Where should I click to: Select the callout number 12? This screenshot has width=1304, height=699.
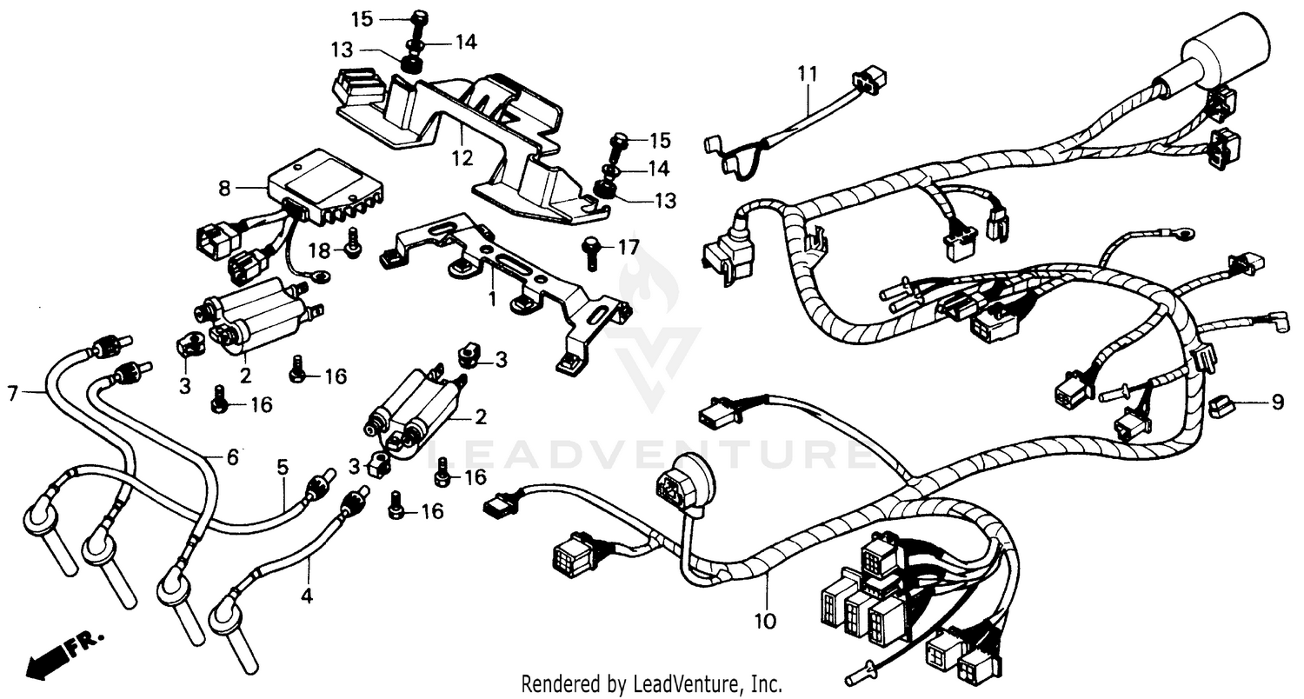point(462,158)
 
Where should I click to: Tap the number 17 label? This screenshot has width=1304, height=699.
point(628,248)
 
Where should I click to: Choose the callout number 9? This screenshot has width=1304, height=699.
point(1277,403)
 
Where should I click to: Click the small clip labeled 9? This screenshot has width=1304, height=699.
point(1222,404)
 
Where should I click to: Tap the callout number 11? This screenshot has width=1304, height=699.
point(808,74)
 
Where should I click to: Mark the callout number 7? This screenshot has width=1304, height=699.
point(12,394)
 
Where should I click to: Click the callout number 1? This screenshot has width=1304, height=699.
point(492,298)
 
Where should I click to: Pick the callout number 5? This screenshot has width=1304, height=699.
point(283,468)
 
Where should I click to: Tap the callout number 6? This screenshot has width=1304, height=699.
point(232,456)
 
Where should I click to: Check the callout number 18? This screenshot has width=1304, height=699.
point(319,251)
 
